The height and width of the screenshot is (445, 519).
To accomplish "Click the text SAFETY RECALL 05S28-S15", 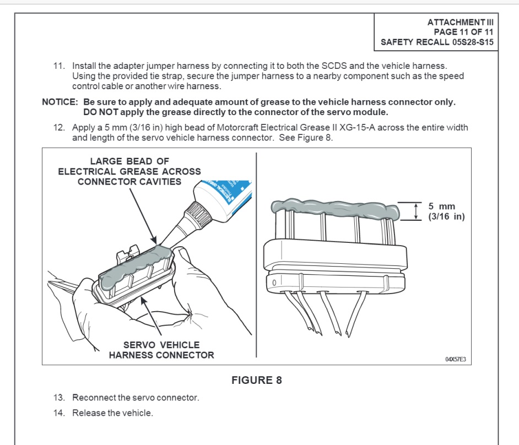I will coord(437,42).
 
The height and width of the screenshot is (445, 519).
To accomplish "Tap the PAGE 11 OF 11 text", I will coord(464,32).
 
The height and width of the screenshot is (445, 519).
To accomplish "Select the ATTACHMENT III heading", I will coord(461,22).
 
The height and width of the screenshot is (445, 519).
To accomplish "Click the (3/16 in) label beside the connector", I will coord(446,216).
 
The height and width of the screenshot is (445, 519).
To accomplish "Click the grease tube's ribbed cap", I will coord(198,214).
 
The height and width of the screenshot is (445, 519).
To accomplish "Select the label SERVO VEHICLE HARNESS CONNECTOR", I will coord(161,350).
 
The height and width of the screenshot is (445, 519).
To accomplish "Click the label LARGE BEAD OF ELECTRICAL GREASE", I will coord(129,171).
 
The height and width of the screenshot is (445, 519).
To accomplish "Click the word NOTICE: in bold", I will coord(60,102).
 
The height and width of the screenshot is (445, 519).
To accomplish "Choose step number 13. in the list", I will coord(59,398).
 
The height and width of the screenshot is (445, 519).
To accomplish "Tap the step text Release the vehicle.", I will coord(112,413).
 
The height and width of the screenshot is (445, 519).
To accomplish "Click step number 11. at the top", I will coord(59,66).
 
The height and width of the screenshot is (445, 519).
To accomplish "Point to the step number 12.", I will coord(59,128).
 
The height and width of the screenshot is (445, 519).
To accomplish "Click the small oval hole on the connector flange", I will coord(274,283).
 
